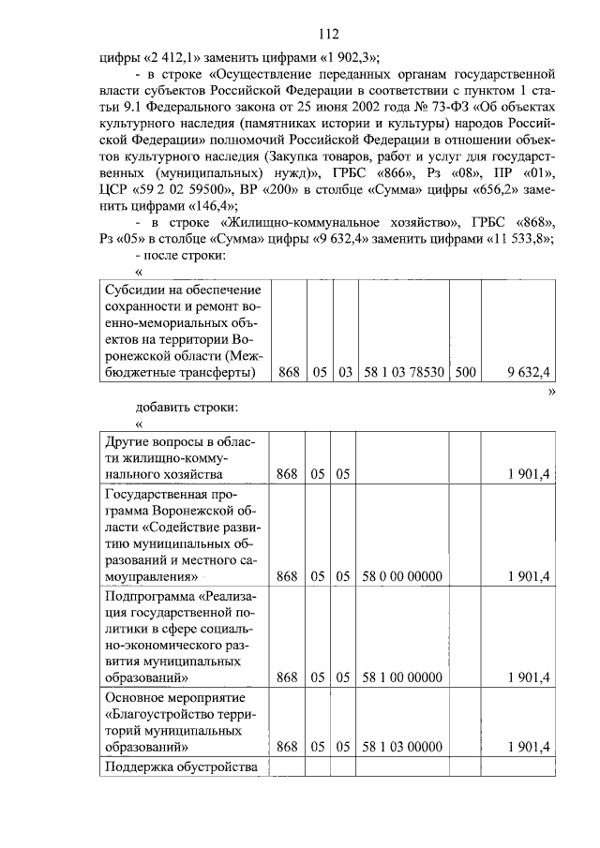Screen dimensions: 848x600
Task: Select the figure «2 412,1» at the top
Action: [x=170, y=56]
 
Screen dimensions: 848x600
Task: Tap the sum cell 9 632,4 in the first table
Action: [x=527, y=373]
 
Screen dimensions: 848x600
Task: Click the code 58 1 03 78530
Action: [x=403, y=373]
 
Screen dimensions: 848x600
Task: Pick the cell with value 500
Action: [x=464, y=373]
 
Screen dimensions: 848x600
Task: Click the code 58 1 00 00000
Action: [x=402, y=677]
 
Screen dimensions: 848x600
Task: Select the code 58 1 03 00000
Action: [x=402, y=747]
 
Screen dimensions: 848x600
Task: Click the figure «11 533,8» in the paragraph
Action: [x=517, y=238]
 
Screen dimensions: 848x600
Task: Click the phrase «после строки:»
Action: [x=186, y=255]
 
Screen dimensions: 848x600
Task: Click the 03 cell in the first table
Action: [x=345, y=373]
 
